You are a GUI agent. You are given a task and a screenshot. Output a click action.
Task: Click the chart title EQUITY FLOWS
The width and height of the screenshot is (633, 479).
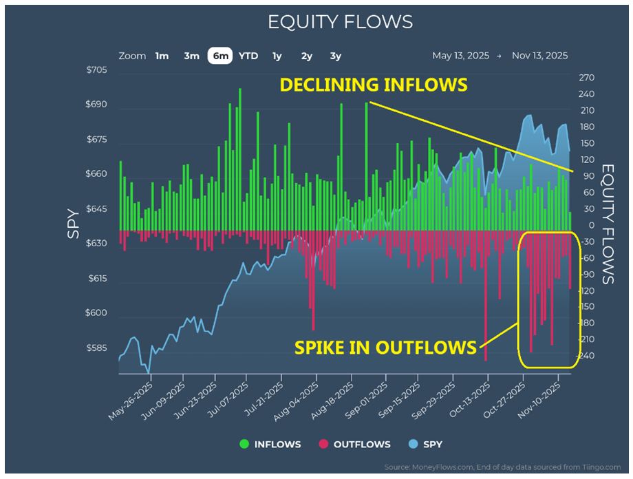(x=340, y=22)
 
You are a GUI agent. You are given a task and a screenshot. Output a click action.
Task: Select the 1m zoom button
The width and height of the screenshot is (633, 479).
(x=162, y=56)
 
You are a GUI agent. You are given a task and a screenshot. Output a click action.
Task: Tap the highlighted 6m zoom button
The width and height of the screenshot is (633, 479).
(x=220, y=56)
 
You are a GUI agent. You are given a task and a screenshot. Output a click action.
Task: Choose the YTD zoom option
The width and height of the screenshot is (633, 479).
(x=248, y=56)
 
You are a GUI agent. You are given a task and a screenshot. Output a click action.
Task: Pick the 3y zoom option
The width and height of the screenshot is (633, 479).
(x=335, y=56)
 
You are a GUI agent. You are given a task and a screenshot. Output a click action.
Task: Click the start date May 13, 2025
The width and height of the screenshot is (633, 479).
(x=460, y=56)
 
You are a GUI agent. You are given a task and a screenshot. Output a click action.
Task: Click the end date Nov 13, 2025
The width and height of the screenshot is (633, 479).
(x=539, y=56)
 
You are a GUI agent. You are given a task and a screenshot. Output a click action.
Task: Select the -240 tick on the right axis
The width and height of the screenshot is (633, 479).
(x=586, y=356)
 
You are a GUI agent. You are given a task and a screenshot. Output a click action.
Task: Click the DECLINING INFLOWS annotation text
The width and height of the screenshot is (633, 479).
(x=373, y=85)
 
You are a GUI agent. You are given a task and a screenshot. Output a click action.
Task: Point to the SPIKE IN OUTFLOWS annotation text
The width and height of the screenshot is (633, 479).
(x=385, y=348)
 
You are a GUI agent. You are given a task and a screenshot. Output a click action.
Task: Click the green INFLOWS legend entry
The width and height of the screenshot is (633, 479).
(x=271, y=444)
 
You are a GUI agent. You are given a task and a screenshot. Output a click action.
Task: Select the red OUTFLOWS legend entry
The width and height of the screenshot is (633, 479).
(x=354, y=444)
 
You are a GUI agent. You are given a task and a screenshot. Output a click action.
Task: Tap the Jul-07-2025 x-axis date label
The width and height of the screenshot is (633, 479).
(x=230, y=397)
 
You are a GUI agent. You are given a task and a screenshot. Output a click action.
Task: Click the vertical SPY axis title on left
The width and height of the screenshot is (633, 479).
(x=73, y=224)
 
